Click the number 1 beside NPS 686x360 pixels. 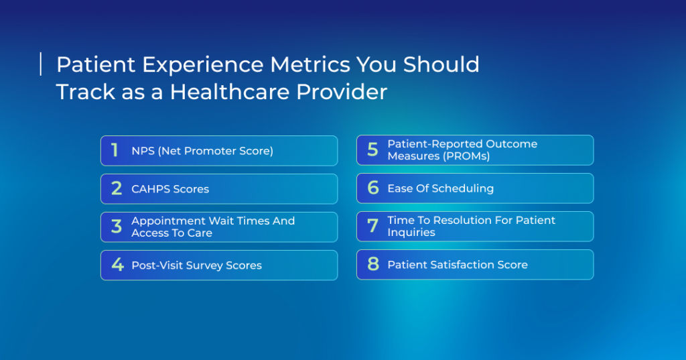click(x=115, y=150)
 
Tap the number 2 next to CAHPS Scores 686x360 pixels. click(x=117, y=188)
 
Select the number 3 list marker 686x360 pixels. click(x=117, y=227)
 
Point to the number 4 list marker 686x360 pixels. click(x=117, y=265)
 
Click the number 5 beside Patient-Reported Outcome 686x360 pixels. click(x=372, y=149)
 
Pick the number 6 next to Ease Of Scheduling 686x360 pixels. click(x=372, y=188)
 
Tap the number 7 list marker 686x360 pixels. click(x=372, y=226)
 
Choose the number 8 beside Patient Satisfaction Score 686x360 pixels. click(x=372, y=264)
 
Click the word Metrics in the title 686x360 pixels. click(x=310, y=64)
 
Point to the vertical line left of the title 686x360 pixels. click(x=41, y=64)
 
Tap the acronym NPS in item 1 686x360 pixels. click(x=143, y=151)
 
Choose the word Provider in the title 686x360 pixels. click(x=342, y=92)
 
